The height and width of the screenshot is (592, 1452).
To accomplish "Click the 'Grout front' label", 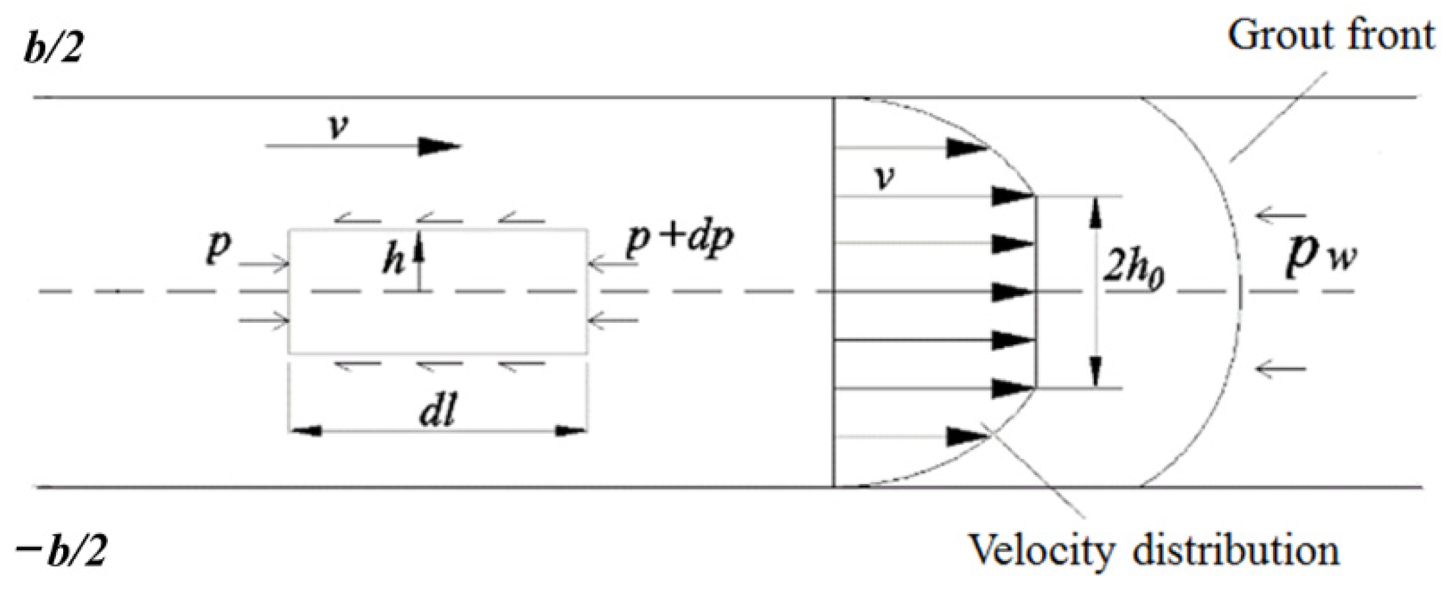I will point(1330,36).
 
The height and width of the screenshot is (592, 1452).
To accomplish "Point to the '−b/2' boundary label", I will point(61,551).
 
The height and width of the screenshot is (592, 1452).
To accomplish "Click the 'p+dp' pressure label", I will point(680,238).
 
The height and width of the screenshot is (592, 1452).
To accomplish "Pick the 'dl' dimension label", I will point(438,412).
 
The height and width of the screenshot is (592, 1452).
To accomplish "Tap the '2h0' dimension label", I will point(1133,270).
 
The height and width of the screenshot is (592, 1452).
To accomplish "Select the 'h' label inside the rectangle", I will point(393,260).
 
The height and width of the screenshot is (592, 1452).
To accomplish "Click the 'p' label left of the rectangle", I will point(218,246).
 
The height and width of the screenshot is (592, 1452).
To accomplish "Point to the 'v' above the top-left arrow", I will point(338,126).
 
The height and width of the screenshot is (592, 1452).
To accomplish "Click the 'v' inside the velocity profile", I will point(886,176).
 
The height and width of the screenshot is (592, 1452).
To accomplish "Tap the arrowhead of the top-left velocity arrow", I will point(439,146).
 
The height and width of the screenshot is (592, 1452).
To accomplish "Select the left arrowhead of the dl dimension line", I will point(306,432).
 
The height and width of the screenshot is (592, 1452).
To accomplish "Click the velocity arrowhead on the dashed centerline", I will point(1012,291).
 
